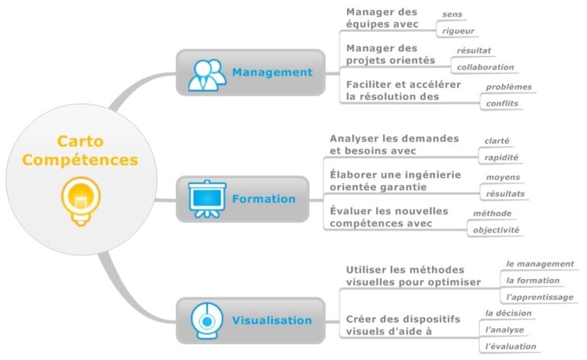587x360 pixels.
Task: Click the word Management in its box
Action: tap(272, 73)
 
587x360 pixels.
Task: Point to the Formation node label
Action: tap(264, 199)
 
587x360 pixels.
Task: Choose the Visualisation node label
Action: tap(271, 321)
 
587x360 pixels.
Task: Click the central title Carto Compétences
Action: tap(80, 151)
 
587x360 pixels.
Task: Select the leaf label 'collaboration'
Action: tap(485, 67)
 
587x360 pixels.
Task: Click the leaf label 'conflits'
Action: tap(502, 103)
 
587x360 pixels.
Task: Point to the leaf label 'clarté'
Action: tap(497, 141)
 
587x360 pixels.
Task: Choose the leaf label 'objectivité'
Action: tap(496, 229)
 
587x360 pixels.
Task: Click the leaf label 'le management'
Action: tap(539, 264)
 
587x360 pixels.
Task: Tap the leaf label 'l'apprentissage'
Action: tap(540, 297)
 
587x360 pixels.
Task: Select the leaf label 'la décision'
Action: tap(508, 313)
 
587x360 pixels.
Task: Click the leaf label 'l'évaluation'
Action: tap(511, 346)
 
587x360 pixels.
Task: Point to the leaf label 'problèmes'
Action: tap(508, 86)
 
